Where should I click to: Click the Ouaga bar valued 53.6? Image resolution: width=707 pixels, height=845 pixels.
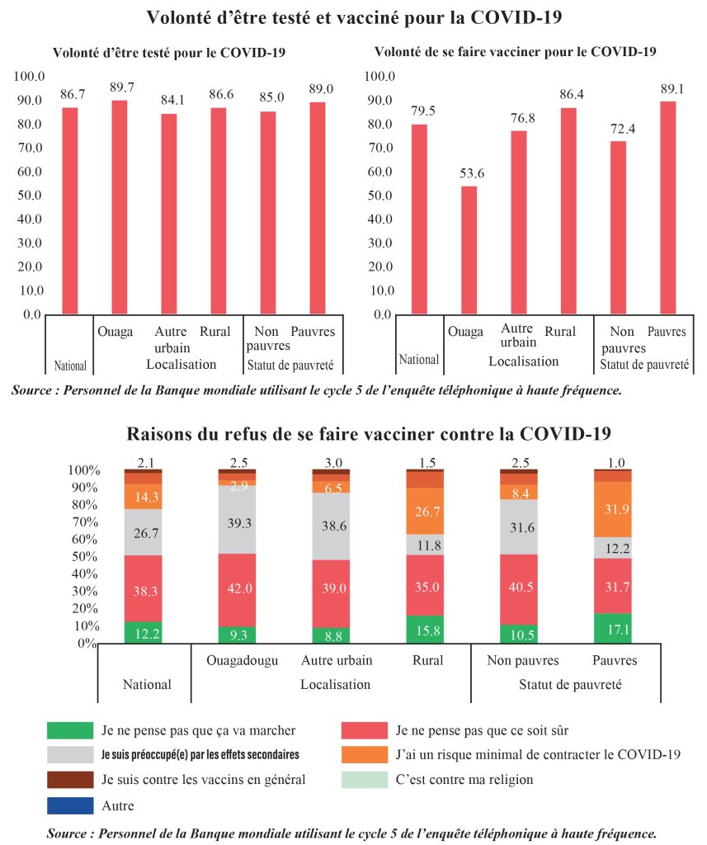(469, 250)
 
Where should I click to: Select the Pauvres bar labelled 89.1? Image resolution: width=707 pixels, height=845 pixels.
(668, 207)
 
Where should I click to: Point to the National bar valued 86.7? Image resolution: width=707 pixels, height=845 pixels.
(70, 210)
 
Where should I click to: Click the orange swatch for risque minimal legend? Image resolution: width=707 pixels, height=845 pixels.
(364, 754)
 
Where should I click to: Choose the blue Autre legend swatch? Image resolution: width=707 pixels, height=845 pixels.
(70, 805)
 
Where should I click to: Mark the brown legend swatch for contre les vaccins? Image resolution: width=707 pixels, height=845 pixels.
(70, 779)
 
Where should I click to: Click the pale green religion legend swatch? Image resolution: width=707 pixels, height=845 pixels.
(364, 779)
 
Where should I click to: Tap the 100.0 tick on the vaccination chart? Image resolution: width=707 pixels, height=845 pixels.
(380, 77)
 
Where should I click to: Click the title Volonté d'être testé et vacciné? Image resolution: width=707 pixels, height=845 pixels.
(353, 17)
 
